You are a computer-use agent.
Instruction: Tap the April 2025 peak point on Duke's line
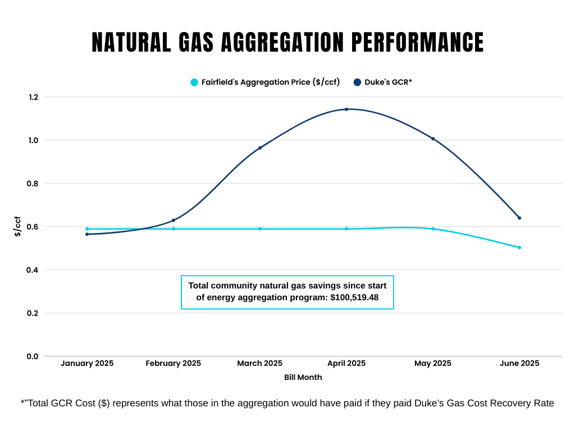pyautogui.click(x=346, y=109)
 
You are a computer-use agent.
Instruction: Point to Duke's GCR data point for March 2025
pyautogui.click(x=260, y=148)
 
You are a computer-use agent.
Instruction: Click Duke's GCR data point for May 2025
pyautogui.click(x=433, y=139)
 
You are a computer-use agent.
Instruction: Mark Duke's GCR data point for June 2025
pyautogui.click(x=519, y=218)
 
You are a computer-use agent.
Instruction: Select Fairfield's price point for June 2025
pyautogui.click(x=519, y=247)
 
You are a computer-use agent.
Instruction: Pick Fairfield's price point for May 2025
pyautogui.click(x=433, y=229)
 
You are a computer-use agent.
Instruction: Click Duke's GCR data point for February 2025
pyautogui.click(x=174, y=220)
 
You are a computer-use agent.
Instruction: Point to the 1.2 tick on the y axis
pyautogui.click(x=33, y=97)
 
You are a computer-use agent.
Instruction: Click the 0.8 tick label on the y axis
pyautogui.click(x=33, y=184)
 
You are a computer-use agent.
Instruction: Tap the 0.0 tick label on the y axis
pyautogui.click(x=33, y=356)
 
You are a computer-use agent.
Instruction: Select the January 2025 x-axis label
pyautogui.click(x=87, y=364)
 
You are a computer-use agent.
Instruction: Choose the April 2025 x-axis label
pyautogui.click(x=346, y=364)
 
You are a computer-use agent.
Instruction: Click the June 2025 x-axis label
pyautogui.click(x=519, y=364)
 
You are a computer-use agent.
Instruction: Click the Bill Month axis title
pyautogui.click(x=303, y=378)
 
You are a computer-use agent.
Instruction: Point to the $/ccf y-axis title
pyautogui.click(x=18, y=226)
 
